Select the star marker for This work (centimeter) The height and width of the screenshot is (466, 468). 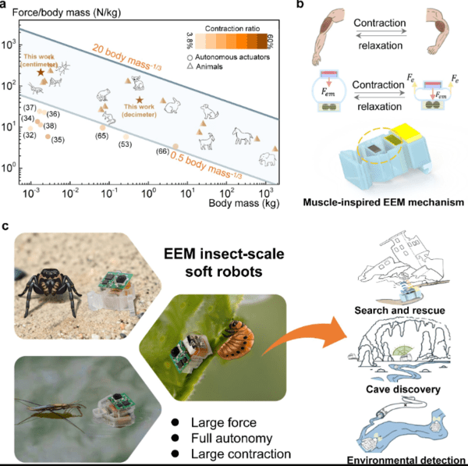point(41,72)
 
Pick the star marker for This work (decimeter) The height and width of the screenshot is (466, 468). point(140,100)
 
